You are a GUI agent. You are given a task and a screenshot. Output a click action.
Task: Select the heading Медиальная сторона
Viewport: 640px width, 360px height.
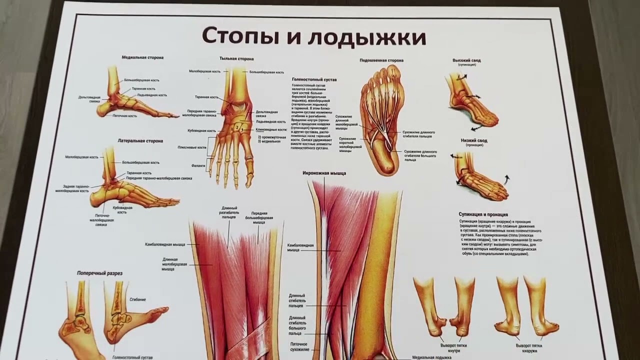point(142,57)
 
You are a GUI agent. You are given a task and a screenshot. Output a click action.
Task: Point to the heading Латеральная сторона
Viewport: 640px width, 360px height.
point(140,141)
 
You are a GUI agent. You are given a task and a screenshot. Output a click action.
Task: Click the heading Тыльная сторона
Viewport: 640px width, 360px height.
point(236,58)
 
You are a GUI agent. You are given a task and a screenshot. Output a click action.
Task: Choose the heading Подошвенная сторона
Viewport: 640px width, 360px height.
point(381,60)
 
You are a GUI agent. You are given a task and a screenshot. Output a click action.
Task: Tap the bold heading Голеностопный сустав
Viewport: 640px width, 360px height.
point(314,79)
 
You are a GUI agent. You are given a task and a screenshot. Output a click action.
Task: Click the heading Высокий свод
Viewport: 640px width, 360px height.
point(466,60)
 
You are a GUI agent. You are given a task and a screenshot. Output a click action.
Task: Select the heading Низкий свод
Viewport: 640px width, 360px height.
point(473,141)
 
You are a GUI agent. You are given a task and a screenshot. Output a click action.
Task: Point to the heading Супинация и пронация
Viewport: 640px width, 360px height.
point(483,214)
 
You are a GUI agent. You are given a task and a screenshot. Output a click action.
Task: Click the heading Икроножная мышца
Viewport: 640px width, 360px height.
point(324,173)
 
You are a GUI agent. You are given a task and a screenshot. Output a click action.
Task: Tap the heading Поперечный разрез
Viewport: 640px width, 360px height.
point(99,273)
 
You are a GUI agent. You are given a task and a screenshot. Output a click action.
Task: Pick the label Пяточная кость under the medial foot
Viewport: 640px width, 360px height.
point(125,115)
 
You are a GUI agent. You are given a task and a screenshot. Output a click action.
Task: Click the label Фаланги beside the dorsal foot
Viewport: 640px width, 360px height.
point(198,165)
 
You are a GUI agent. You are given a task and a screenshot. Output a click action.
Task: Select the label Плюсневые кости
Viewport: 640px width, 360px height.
point(192,147)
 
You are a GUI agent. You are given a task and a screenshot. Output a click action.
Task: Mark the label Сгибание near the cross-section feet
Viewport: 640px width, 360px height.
point(137,299)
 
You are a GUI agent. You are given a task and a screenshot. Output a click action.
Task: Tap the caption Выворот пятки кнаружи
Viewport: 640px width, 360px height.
point(529,347)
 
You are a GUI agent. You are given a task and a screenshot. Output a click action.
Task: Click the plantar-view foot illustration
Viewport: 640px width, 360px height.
point(381,120)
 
